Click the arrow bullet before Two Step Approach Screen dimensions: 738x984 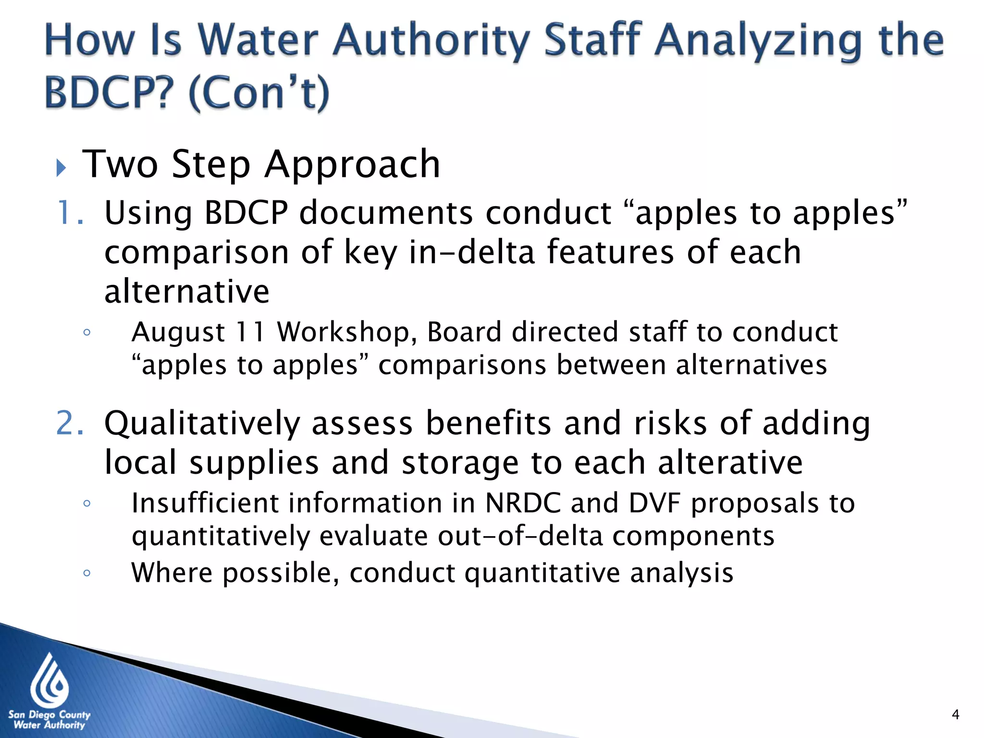point(61,168)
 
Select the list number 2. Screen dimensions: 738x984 point(70,424)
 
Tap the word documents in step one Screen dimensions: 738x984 point(386,213)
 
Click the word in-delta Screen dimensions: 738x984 point(471,252)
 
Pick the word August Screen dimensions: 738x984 point(178,332)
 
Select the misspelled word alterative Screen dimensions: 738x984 point(730,463)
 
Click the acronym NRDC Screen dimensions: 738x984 point(523,504)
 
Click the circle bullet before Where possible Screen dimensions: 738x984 point(87,573)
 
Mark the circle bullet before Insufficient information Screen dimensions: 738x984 point(87,504)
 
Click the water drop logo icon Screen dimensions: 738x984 point(49,680)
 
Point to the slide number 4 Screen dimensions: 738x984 point(955,714)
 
